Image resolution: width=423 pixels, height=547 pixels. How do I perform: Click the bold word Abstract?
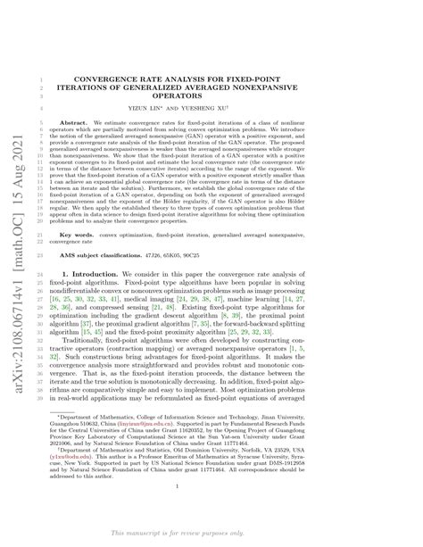(x=109, y=103)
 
